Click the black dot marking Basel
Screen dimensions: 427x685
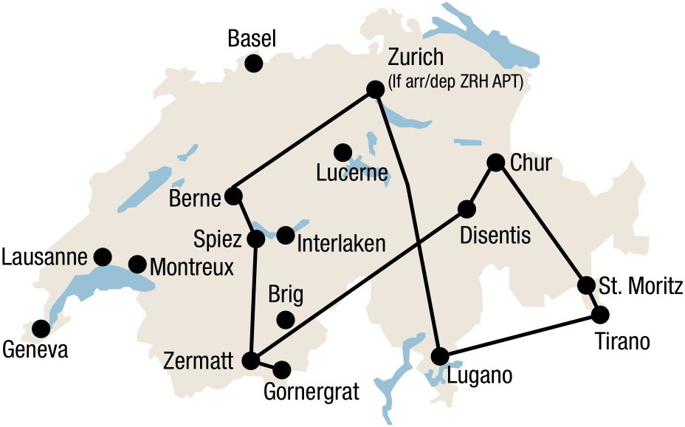click(x=253, y=64)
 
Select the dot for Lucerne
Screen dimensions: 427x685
click(x=342, y=152)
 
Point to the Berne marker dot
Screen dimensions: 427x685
click(x=233, y=196)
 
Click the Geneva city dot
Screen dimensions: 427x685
click(x=41, y=327)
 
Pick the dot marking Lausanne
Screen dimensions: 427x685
click(x=103, y=256)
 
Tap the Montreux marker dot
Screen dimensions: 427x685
click(x=137, y=264)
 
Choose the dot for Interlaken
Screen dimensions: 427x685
click(x=286, y=235)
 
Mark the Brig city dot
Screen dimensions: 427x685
click(x=284, y=319)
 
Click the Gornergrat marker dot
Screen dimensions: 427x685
click(x=281, y=369)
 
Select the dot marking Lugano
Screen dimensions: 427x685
click(x=440, y=356)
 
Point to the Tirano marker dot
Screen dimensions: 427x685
click(x=600, y=314)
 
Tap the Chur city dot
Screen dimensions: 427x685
click(x=495, y=163)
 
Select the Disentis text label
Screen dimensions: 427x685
click(x=495, y=236)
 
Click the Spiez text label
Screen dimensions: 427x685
click(x=217, y=240)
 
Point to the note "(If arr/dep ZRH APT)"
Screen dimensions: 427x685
click(x=455, y=82)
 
